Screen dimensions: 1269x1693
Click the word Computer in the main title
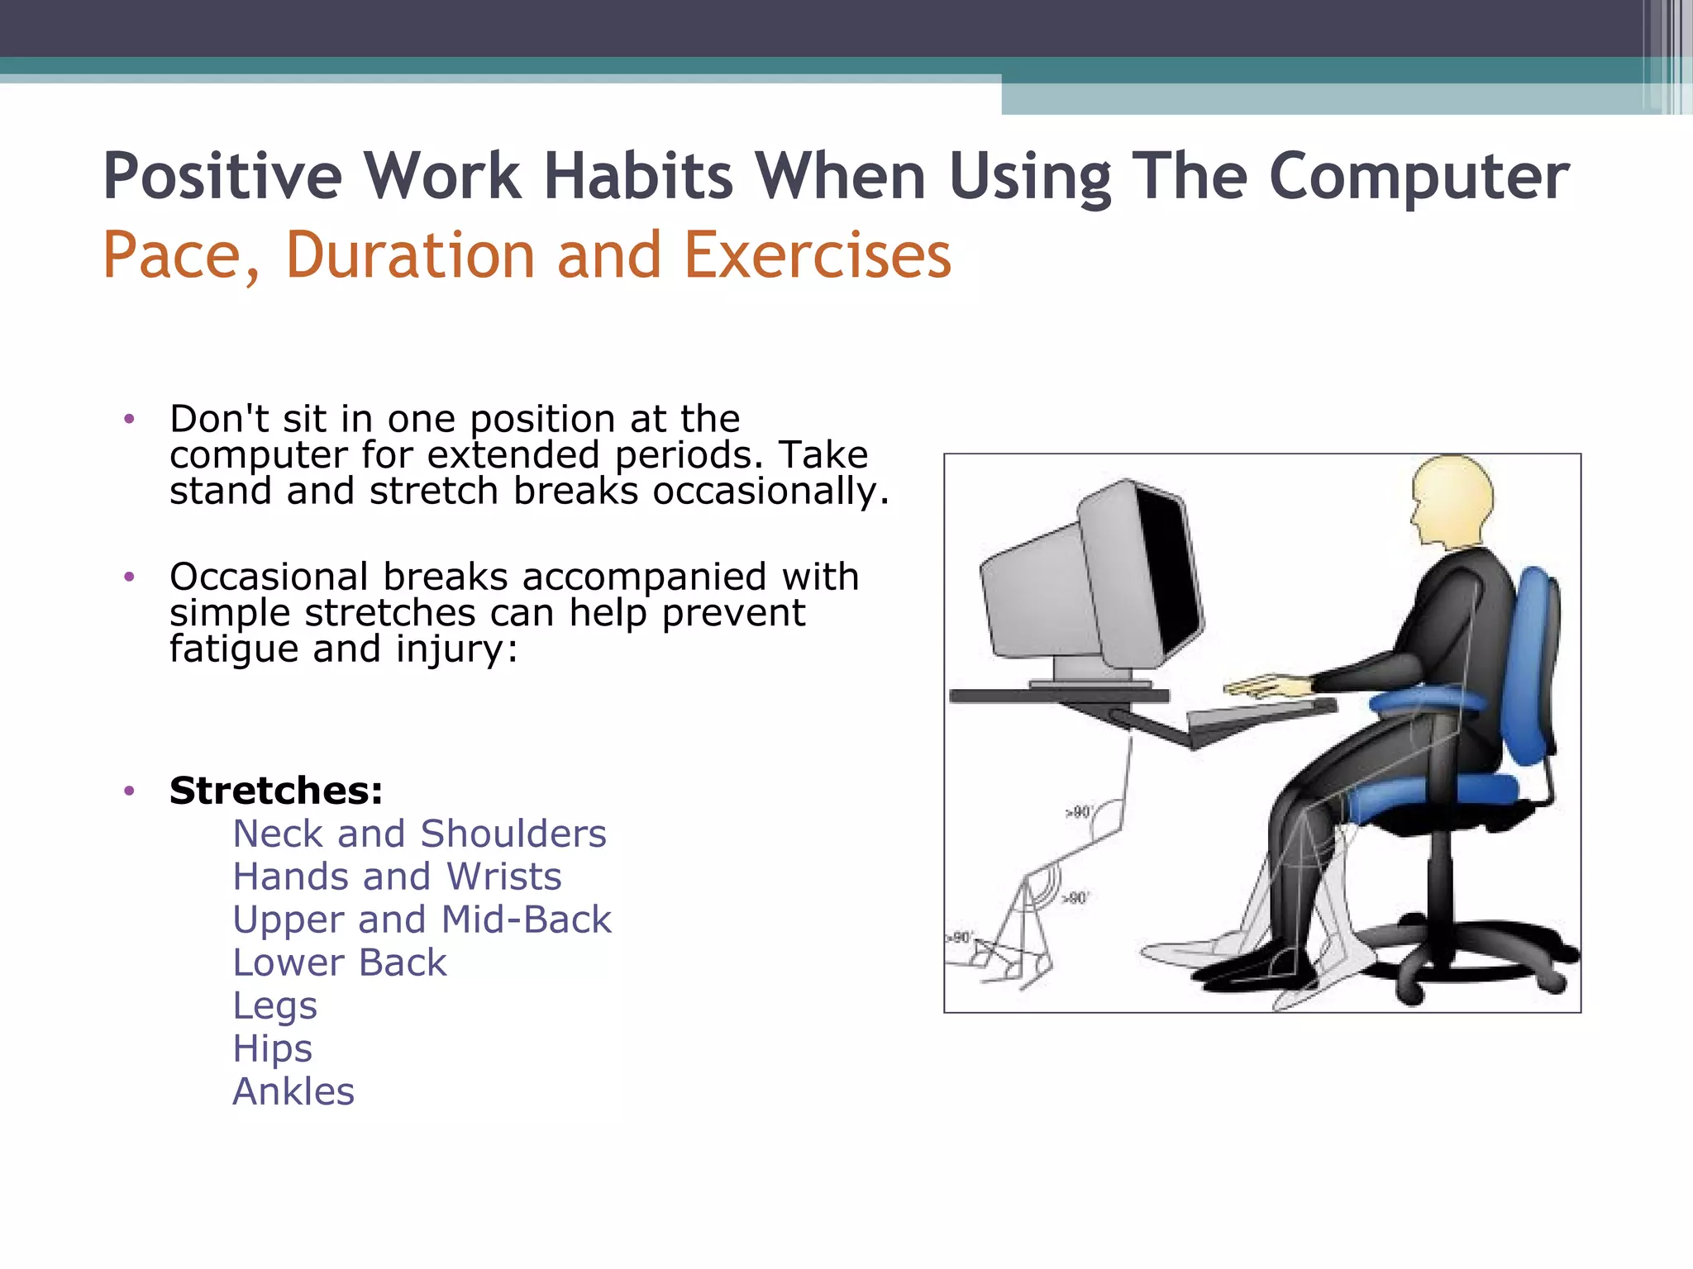[1418, 177]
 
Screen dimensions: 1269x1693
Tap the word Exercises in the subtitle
[818, 255]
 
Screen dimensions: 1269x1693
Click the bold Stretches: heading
[276, 791]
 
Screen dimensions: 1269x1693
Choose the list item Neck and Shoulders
[419, 834]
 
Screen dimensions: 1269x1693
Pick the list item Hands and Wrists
[397, 877]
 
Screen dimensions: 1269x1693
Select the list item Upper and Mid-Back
[422, 920]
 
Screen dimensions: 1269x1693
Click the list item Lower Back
[339, 962]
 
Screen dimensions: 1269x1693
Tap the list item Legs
[274, 1006]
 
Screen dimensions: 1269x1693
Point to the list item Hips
[272, 1049]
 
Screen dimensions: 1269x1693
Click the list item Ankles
[293, 1092]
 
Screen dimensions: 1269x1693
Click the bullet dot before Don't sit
[128, 420]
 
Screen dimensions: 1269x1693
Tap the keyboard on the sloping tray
[1261, 714]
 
